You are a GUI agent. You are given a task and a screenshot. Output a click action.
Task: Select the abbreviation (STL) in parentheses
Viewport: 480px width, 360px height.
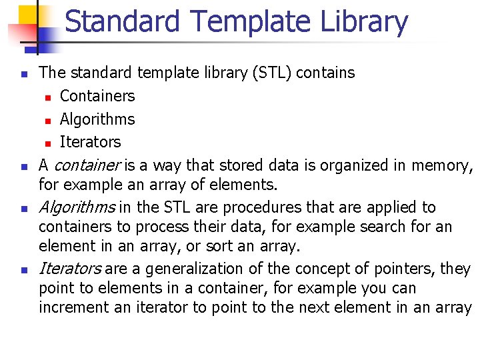pyautogui.click(x=273, y=73)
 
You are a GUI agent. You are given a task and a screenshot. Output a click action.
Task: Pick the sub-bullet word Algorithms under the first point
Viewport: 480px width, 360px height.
pyautogui.click(x=97, y=119)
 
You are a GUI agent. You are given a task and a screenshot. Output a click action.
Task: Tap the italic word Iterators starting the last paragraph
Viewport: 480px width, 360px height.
pyautogui.click(x=69, y=269)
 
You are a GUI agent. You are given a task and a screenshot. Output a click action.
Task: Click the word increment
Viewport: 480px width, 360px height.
pyautogui.click(x=70, y=307)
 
